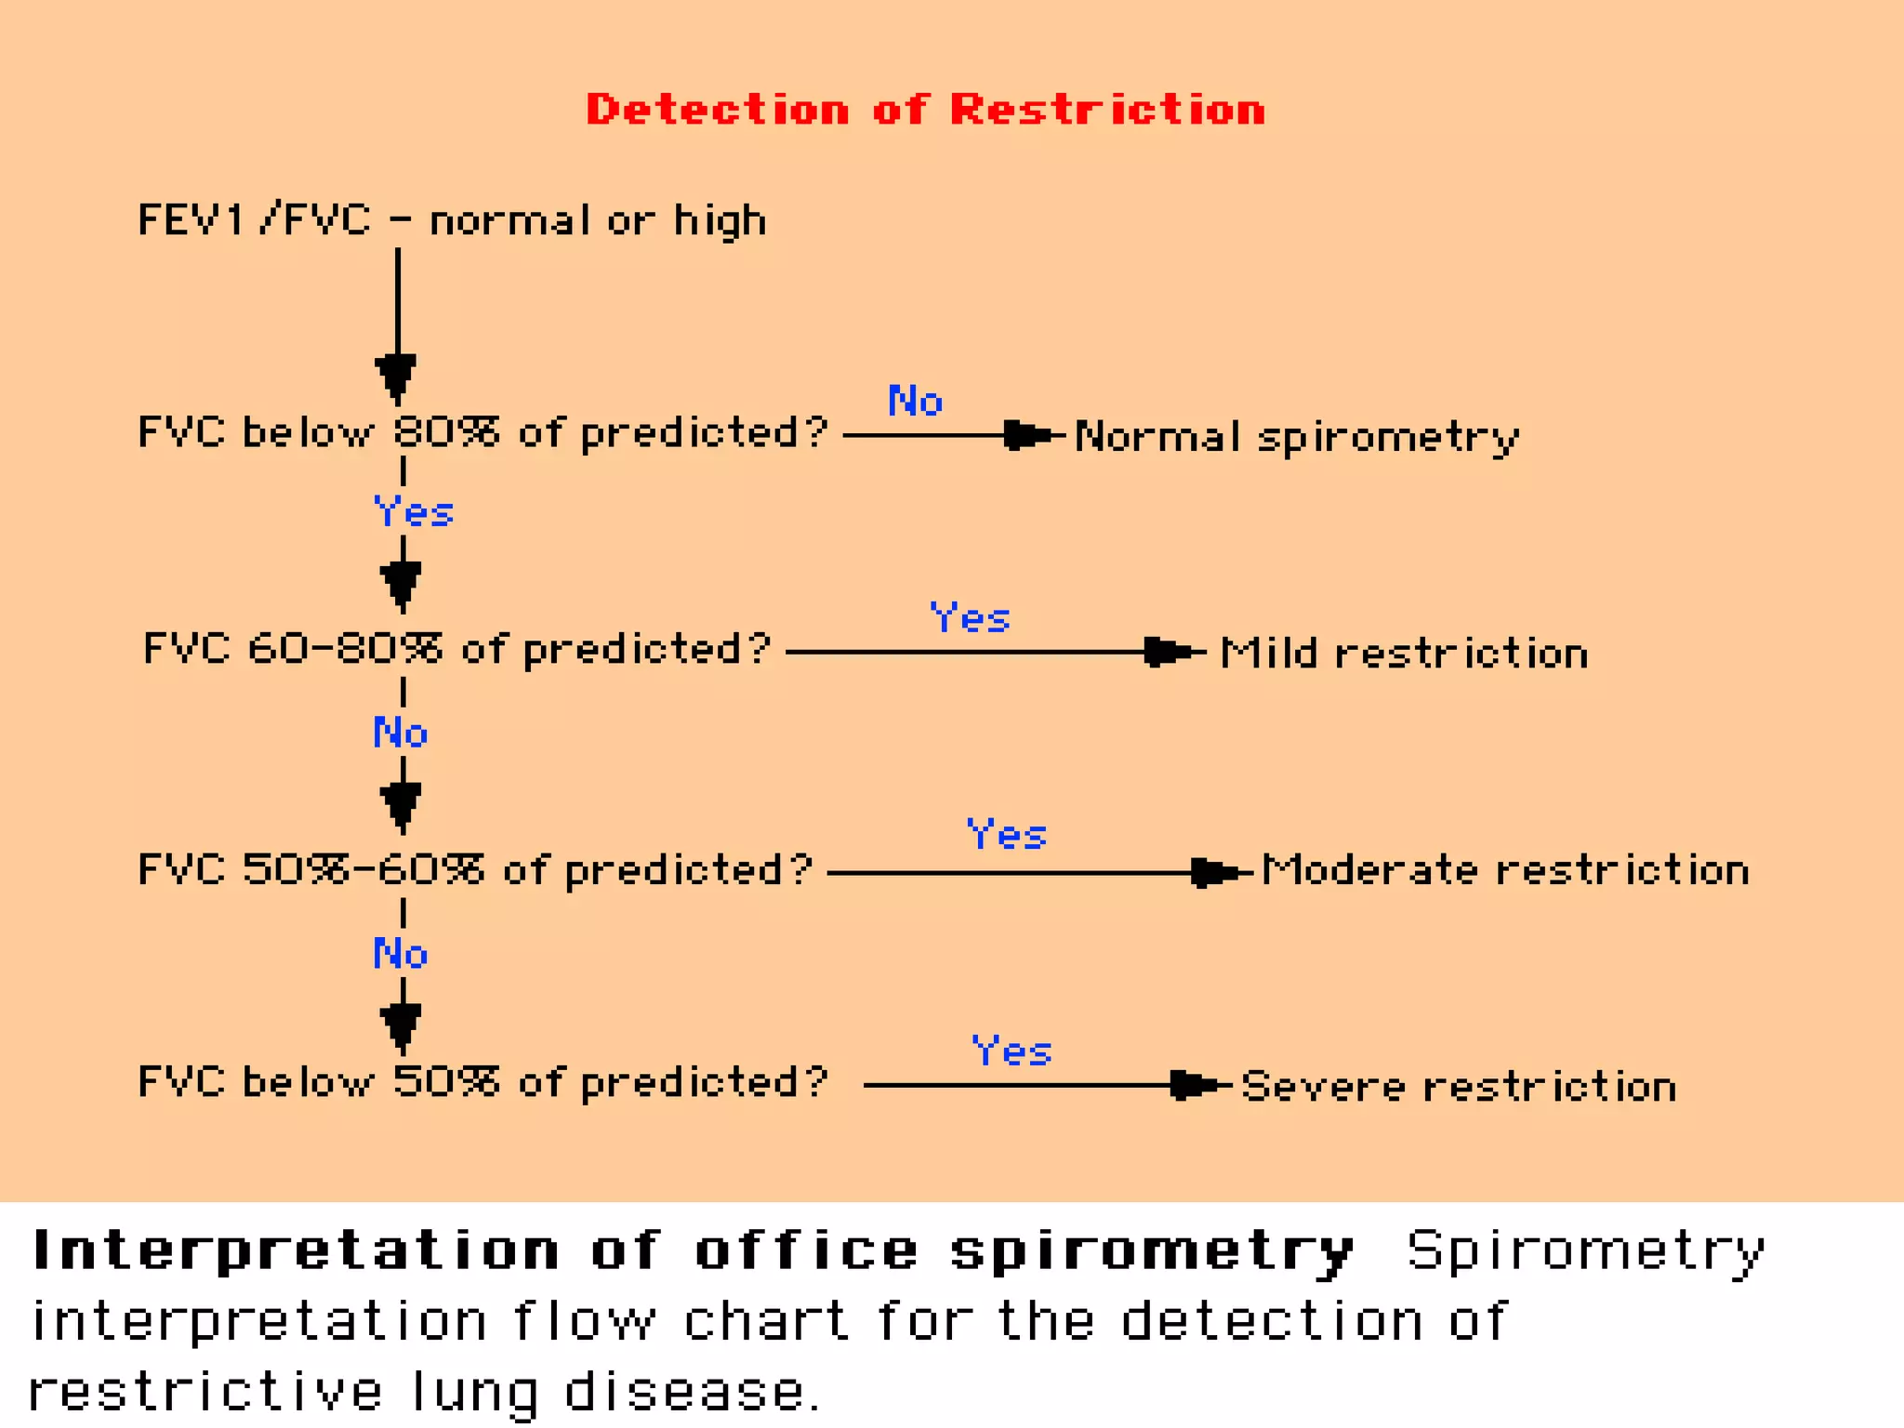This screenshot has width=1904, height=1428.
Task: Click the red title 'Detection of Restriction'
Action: pyautogui.click(x=925, y=110)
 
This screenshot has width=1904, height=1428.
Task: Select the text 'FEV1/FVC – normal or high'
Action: pyautogui.click(x=452, y=221)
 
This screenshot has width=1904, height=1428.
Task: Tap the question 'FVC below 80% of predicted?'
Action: pyautogui.click(x=483, y=433)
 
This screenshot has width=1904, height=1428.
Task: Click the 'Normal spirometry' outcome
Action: pyautogui.click(x=1297, y=437)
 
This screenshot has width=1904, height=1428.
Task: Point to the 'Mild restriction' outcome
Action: pyautogui.click(x=1404, y=654)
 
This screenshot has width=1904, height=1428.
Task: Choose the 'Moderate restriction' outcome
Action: pyautogui.click(x=1505, y=871)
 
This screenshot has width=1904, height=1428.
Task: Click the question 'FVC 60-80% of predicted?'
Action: pyautogui.click(x=456, y=649)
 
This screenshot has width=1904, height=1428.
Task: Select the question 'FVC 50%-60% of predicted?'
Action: pyautogui.click(x=475, y=871)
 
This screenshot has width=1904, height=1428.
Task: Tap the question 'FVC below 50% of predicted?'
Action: pyautogui.click(x=483, y=1083)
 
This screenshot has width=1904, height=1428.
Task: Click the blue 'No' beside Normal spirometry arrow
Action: pyautogui.click(x=915, y=402)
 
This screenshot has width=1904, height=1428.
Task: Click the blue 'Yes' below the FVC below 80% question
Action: pyautogui.click(x=413, y=512)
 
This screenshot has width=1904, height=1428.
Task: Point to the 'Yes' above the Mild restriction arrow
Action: pyautogui.click(x=970, y=618)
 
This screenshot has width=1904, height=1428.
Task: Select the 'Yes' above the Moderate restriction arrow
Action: pyautogui.click(x=1007, y=835)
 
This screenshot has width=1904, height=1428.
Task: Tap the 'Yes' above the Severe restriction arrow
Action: pyautogui.click(x=1011, y=1051)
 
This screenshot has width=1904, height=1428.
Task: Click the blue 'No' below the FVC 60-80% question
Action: pyautogui.click(x=401, y=734)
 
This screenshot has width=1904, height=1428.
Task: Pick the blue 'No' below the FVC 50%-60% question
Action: pyautogui.click(x=401, y=955)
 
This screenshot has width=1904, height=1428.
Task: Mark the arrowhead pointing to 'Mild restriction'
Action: pyautogui.click(x=1166, y=652)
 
